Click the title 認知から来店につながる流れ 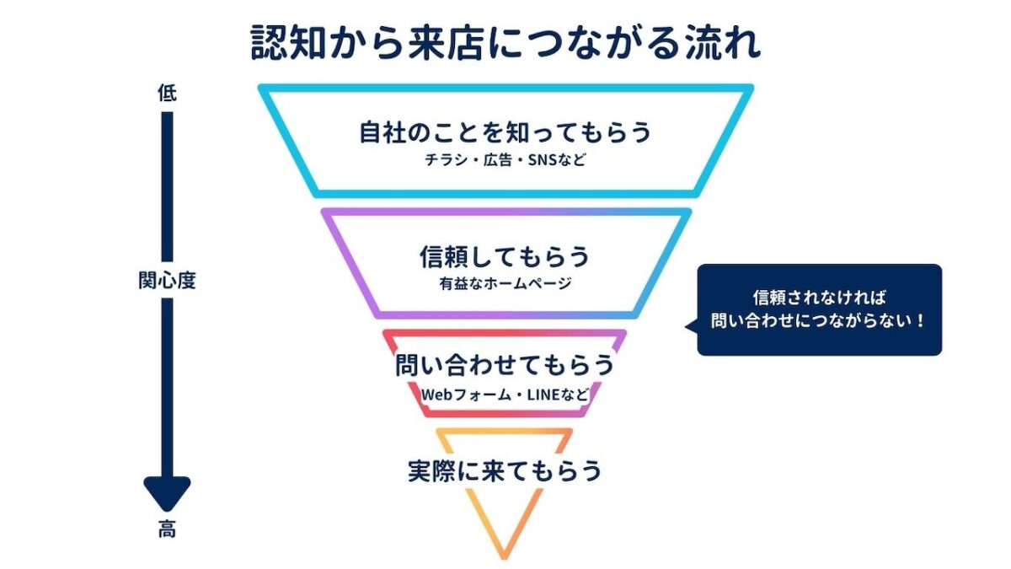[505, 42]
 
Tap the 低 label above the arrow [167, 93]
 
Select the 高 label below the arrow [167, 529]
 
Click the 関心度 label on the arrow [167, 281]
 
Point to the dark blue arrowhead [167, 492]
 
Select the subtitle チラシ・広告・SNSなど [505, 160]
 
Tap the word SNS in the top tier [542, 160]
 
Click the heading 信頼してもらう [505, 256]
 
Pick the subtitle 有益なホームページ [505, 283]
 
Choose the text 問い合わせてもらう [505, 364]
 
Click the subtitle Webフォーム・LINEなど [505, 395]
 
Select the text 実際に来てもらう [505, 470]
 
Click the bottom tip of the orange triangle [504, 558]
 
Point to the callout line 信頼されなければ [819, 298]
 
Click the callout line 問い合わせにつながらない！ [818, 321]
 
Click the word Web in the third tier [437, 395]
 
